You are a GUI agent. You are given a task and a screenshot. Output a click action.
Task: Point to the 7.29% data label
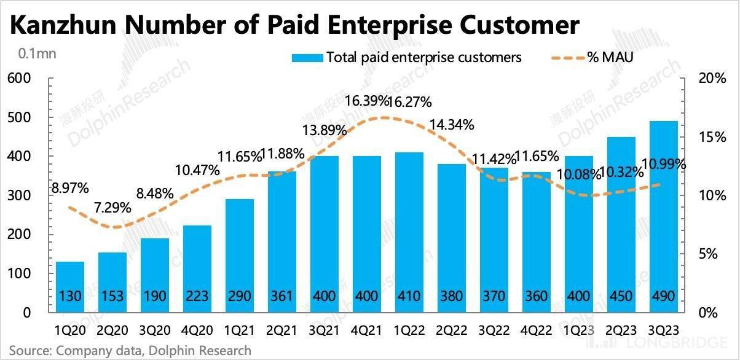(112, 207)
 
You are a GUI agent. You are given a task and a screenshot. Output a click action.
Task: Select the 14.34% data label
(452, 125)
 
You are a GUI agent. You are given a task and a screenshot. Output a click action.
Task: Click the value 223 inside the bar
(197, 296)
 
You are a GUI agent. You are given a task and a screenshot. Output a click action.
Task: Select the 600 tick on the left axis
(19, 79)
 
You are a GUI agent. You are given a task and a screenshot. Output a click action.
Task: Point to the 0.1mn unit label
(37, 53)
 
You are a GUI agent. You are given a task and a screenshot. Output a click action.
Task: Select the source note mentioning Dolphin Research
(130, 351)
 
